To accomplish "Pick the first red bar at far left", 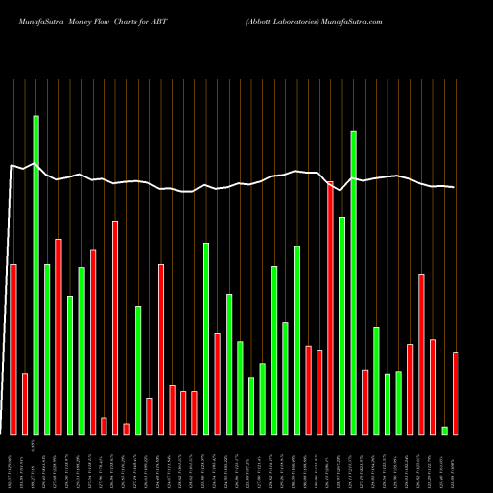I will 13,349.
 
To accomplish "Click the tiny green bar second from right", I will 445,430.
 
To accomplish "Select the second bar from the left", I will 25,403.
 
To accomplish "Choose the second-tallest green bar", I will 353,282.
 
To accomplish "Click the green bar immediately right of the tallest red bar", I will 342,325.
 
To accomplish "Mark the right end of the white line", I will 455,187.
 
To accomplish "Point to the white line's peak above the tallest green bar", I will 35,164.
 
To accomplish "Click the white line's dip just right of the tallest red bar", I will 340,190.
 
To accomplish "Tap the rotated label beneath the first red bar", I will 13,462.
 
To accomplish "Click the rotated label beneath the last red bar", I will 456,462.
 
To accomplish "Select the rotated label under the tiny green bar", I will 445,462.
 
